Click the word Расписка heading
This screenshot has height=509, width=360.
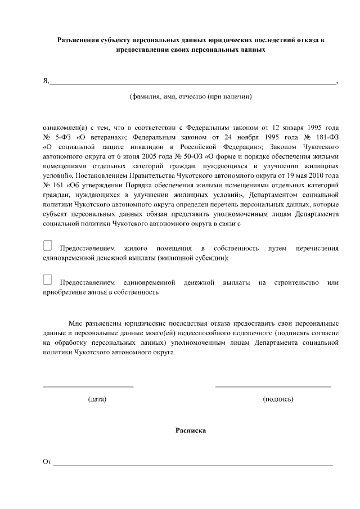click(x=191, y=430)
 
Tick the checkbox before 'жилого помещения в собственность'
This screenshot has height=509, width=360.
click(x=47, y=245)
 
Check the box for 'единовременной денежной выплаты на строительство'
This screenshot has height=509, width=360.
click(x=47, y=280)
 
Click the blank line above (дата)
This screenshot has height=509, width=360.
click(x=88, y=386)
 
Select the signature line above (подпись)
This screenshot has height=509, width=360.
click(x=273, y=386)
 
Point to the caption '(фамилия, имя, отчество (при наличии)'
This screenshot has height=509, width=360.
click(x=191, y=96)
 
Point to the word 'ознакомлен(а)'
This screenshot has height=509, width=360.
click(x=62, y=128)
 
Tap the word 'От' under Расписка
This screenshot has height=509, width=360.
click(x=47, y=462)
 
